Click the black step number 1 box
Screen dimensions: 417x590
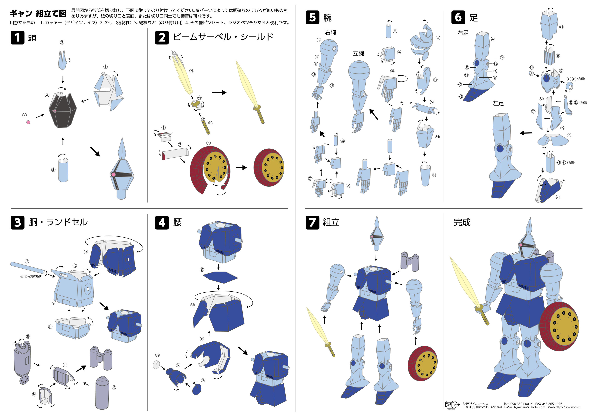click(x=17, y=38)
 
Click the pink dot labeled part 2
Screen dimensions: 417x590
click(x=28, y=122)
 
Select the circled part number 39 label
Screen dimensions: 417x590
click(x=191, y=71)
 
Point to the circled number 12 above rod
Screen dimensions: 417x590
click(x=27, y=261)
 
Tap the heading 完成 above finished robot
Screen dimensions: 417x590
click(x=462, y=222)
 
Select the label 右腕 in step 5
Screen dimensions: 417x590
click(x=330, y=33)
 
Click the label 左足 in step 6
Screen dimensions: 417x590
click(x=498, y=103)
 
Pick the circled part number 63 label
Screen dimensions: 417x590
click(x=558, y=197)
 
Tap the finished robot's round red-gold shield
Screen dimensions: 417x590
click(x=560, y=326)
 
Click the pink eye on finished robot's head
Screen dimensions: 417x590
click(x=521, y=245)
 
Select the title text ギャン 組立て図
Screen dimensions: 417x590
click(x=38, y=13)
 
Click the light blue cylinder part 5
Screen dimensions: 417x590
click(x=63, y=170)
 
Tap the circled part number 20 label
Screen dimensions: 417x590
click(x=438, y=38)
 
